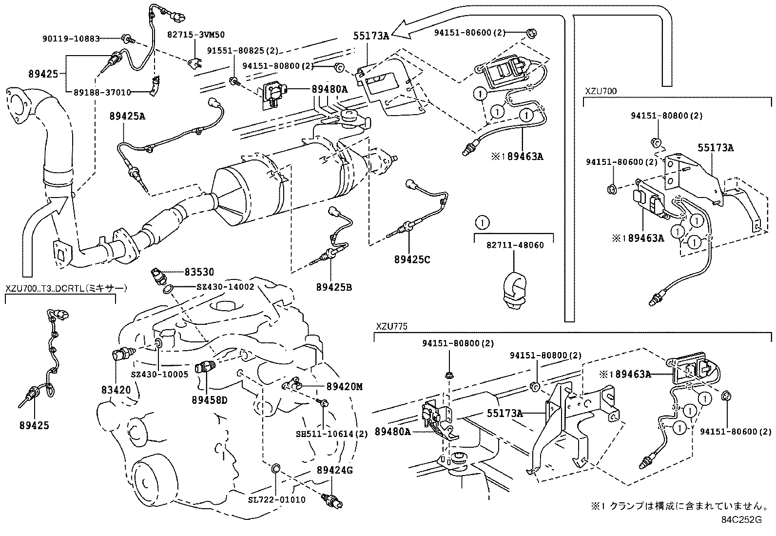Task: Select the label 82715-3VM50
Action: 196,35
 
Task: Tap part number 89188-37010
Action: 102,91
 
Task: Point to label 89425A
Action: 127,116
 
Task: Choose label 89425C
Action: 412,259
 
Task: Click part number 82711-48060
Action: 515,245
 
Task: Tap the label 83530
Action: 199,272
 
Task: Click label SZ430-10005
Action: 159,374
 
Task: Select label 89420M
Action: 345,387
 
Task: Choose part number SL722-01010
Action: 276,499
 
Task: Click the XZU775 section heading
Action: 391,326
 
